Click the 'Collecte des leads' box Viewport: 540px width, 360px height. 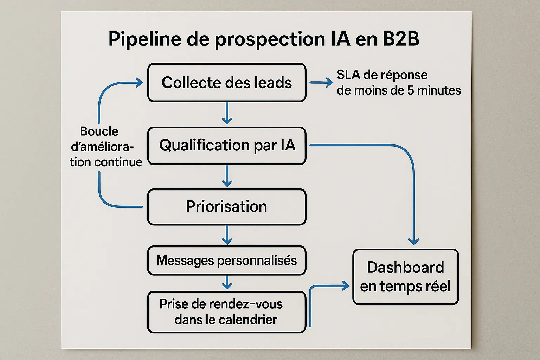point(227,83)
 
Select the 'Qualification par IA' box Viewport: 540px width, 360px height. point(227,146)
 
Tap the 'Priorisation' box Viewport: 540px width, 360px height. point(227,207)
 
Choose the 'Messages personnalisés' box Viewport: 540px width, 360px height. point(227,261)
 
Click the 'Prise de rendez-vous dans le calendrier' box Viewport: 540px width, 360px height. point(227,312)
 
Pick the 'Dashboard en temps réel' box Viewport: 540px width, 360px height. point(405,277)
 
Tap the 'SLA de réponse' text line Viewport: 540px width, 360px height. point(382,75)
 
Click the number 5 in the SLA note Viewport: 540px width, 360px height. point(410,90)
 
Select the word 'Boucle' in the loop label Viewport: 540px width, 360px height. point(99,131)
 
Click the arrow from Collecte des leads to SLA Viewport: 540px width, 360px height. point(321,83)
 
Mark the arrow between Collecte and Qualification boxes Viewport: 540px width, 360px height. point(227,114)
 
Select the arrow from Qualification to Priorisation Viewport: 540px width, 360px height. point(227,176)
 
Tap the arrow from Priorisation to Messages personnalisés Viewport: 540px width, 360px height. point(227,235)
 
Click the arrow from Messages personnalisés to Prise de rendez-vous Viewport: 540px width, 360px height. point(227,282)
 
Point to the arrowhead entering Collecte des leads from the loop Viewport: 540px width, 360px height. point(139,83)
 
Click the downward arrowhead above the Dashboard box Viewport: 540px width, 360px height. point(414,241)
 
